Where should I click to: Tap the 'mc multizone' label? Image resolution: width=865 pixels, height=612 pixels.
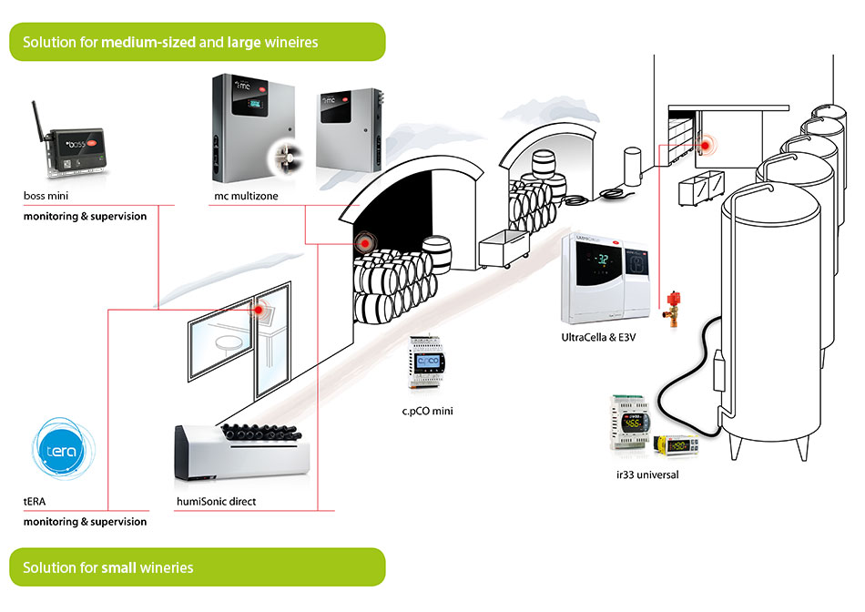[x=241, y=196]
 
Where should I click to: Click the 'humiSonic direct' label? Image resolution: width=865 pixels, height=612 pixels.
[x=216, y=501]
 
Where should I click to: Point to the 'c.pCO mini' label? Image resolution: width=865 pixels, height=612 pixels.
[x=427, y=412]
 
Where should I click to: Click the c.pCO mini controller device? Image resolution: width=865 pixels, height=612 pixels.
[x=427, y=369]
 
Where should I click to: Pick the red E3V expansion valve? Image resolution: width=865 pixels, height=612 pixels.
[x=674, y=307]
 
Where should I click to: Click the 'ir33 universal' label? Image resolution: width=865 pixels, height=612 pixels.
[x=647, y=474]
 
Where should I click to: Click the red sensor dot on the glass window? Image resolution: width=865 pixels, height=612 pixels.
[x=259, y=311]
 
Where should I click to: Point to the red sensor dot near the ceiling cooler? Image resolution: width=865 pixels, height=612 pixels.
[x=704, y=144]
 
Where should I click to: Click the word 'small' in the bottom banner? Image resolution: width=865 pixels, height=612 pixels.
[x=119, y=567]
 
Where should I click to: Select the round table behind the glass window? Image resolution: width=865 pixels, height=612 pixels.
[x=229, y=340]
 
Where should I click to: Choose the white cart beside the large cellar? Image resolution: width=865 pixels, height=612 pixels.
[x=500, y=250]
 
